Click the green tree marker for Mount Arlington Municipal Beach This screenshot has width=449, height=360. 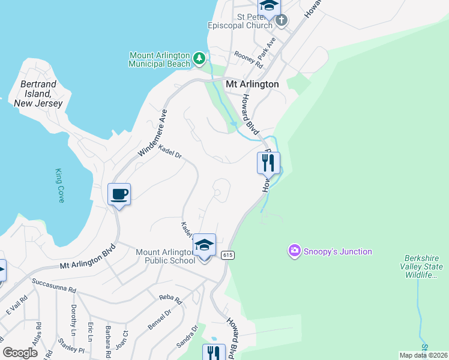(x=199, y=60)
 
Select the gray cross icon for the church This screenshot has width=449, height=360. (x=281, y=21)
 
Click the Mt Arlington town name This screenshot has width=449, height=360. (x=252, y=85)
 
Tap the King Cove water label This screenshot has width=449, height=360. (x=59, y=185)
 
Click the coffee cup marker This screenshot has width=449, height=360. (x=119, y=194)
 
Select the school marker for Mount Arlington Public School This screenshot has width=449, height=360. (x=204, y=245)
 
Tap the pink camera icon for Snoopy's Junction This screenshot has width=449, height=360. (x=294, y=251)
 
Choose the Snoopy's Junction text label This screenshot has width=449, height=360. (x=337, y=252)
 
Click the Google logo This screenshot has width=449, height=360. (x=20, y=353)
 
